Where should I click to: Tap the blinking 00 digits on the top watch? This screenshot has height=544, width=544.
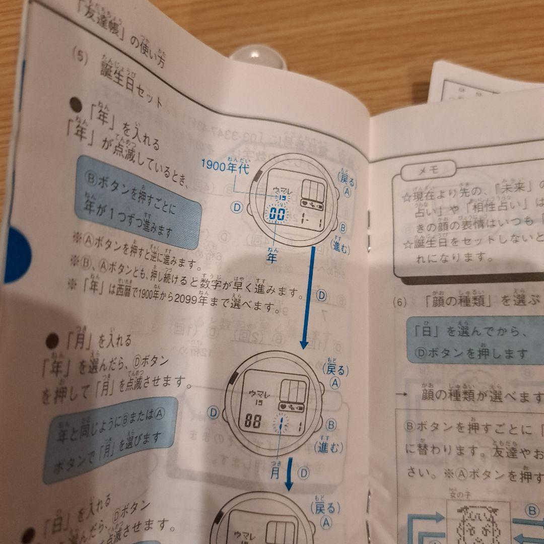277,214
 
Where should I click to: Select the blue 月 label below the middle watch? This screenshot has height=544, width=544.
276,473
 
